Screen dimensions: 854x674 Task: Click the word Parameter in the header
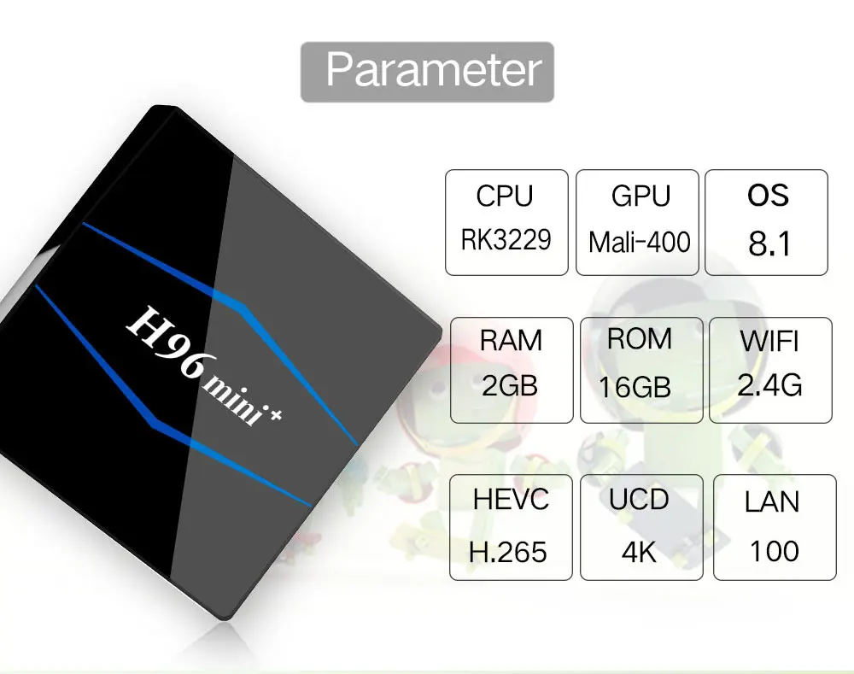pos(434,70)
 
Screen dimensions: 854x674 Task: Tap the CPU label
pos(505,196)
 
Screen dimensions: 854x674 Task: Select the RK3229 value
pos(506,240)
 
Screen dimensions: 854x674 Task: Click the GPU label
pos(640,196)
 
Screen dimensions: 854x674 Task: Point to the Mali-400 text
pos(640,242)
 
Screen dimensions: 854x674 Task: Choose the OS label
pos(768,195)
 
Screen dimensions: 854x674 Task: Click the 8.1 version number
pos(769,243)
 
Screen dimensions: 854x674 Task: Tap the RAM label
pos(511,341)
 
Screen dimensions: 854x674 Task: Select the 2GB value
pos(510,386)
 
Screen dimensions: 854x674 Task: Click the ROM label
pos(640,339)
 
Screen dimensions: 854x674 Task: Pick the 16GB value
pos(635,387)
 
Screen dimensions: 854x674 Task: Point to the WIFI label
pos(769,342)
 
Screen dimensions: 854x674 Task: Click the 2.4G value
pos(769,385)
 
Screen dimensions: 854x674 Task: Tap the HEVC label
pos(511,500)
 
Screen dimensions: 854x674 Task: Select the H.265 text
pos(507,552)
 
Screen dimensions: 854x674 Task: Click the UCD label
pos(639,499)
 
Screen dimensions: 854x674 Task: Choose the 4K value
pos(639,552)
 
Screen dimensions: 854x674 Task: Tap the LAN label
pos(772,501)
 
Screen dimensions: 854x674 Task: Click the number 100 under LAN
pos(774,551)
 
